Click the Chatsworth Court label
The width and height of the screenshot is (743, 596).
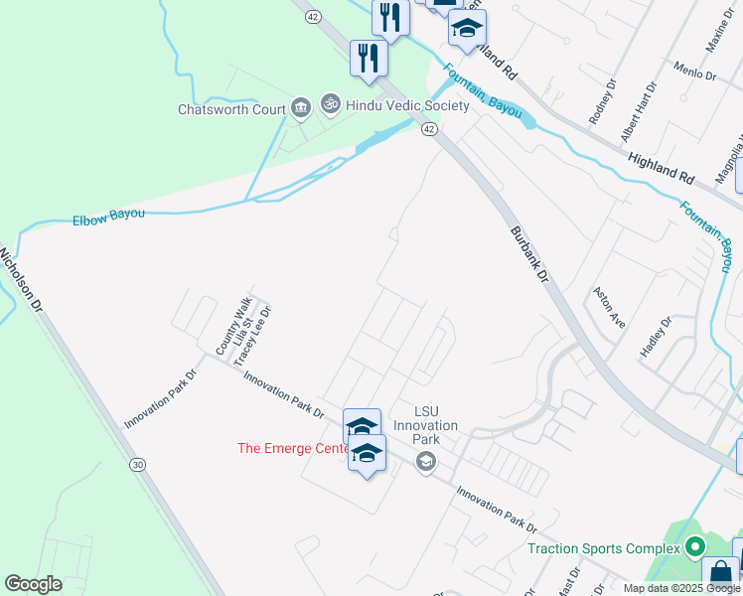[231, 109]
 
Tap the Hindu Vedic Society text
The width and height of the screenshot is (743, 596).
[393, 104]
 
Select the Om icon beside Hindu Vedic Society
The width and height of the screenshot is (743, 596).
[329, 103]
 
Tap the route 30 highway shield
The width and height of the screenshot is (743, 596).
[137, 464]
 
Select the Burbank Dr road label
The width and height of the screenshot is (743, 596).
[529, 253]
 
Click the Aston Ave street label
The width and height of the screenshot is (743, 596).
[609, 307]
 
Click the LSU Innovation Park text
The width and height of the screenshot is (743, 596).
[425, 425]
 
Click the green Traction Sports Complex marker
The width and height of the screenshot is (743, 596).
[695, 547]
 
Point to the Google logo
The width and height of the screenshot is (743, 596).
[33, 584]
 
